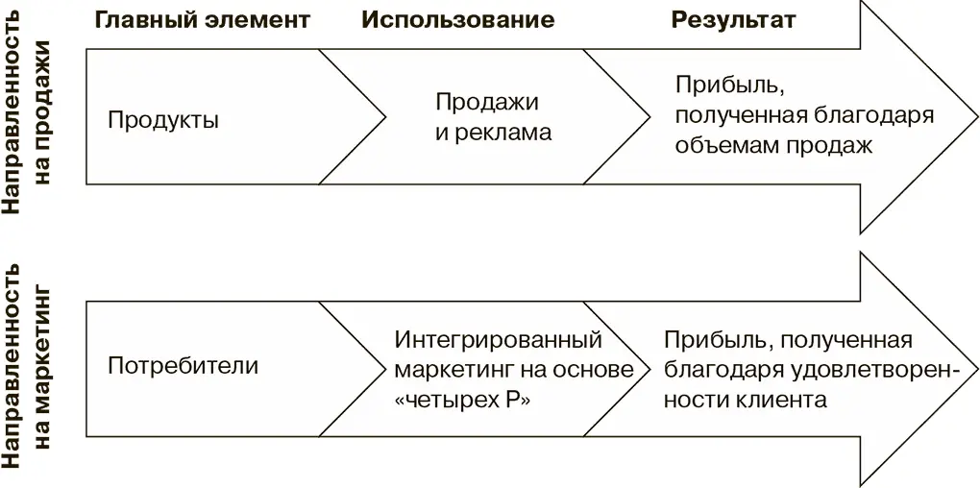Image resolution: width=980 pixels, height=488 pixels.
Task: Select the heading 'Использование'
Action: pos(458,19)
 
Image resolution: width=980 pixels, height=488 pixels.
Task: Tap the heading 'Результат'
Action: pos(734,19)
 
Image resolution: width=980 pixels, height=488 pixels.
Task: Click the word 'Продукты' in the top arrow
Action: pos(163,120)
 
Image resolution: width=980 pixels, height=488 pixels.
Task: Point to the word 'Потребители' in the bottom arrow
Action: pos(183,366)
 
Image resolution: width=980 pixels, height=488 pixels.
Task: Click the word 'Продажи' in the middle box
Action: pos(487,102)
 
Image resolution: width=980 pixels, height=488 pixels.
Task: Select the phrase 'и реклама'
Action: pos(493,133)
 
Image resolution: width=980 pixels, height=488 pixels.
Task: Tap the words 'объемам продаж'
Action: pos(772,146)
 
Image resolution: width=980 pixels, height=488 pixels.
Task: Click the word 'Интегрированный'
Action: pos(498,340)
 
